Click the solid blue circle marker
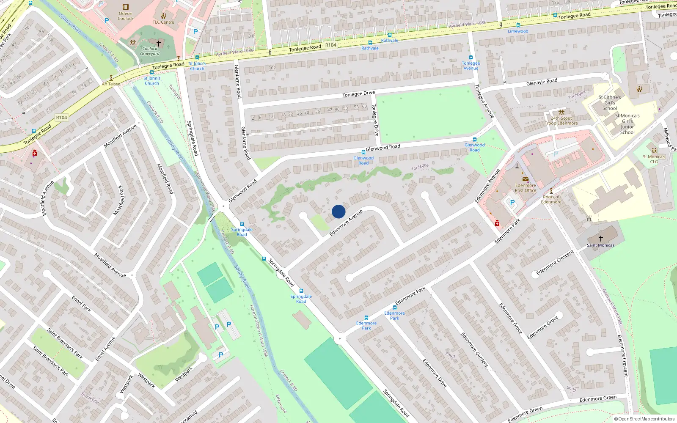pyautogui.click(x=338, y=211)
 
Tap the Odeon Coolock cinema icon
pyautogui.click(x=126, y=7)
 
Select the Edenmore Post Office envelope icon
pyautogui.click(x=525, y=179)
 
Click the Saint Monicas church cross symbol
pyautogui.click(x=600, y=239)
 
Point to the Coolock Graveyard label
pyautogui.click(x=150, y=51)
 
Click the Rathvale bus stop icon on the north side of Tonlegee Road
pyautogui.click(x=390, y=35)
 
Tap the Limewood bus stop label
pyautogui.click(x=518, y=31)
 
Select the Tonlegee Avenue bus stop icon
pyautogui.click(x=471, y=58)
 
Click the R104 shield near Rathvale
pyautogui.click(x=330, y=45)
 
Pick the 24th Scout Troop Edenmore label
pyautogui.click(x=561, y=121)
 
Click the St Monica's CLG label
pyautogui.click(x=654, y=159)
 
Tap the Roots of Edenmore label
pyautogui.click(x=551, y=199)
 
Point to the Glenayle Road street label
pyautogui.click(x=542, y=82)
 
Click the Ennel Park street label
pyautogui.click(x=81, y=304)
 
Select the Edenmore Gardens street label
pyautogui.click(x=474, y=350)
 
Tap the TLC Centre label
pyautogui.click(x=163, y=22)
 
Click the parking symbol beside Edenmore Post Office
pyautogui.click(x=512, y=203)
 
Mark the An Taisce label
pyautogui.click(x=111, y=84)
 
